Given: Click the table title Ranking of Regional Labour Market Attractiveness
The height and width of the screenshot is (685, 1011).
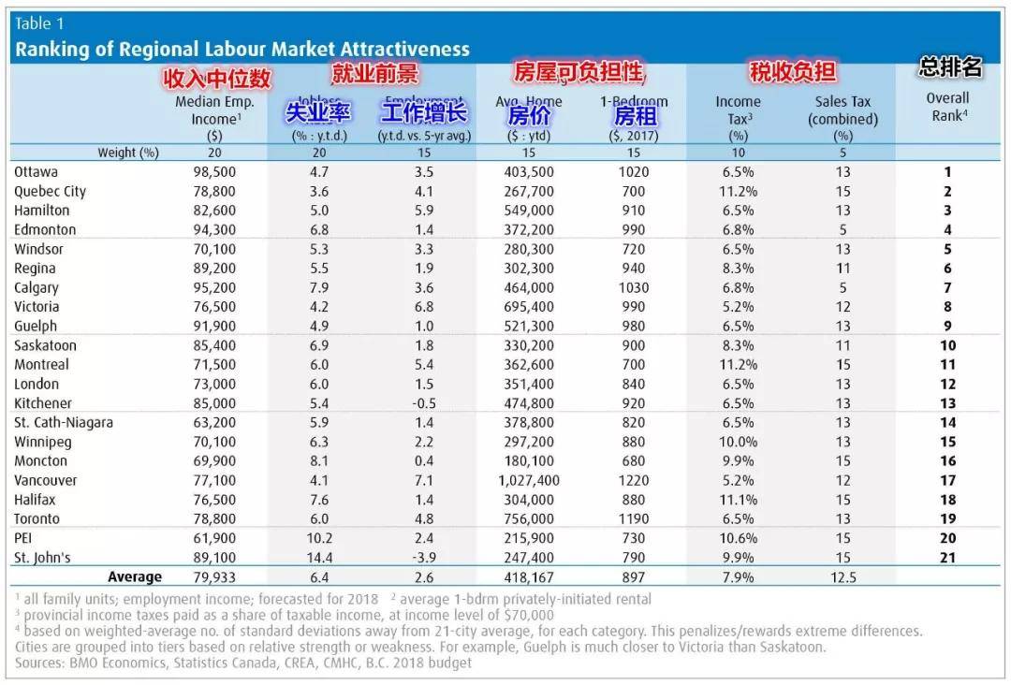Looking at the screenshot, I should point(242,49).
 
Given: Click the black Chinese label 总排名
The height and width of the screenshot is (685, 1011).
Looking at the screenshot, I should point(950,67).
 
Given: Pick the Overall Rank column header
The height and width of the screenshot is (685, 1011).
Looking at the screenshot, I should point(947,107).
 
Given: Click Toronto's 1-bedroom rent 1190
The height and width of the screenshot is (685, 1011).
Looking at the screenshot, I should point(633,518).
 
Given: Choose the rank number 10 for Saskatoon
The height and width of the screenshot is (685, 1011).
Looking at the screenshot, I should point(947,345).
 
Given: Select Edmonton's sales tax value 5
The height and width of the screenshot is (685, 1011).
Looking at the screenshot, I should point(842,230).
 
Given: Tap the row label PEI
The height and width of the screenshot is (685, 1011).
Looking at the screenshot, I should point(25,538).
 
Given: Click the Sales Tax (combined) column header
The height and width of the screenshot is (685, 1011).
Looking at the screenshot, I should point(842,110).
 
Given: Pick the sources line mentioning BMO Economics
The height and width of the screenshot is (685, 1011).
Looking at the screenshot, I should point(242,663).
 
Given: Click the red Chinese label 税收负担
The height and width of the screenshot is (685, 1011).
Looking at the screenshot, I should point(792,72).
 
